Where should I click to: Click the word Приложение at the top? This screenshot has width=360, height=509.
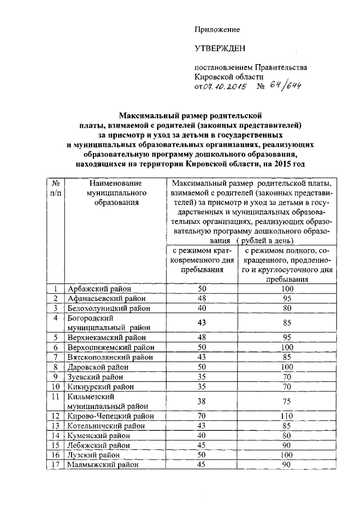coord(217,29)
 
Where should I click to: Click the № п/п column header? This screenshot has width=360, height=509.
coord(56,188)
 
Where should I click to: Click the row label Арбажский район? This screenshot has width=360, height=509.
coord(94,289)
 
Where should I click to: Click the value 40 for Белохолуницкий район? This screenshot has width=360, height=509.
coord(202,308)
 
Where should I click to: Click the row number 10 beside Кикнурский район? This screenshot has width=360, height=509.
coord(56,386)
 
